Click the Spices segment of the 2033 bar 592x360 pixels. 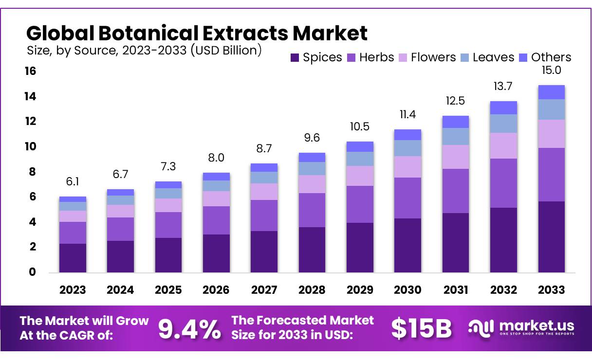pos(551,236)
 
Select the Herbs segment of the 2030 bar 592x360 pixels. pos(407,198)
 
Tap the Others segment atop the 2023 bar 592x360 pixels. pos(73,199)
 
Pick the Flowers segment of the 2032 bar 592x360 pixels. pos(503,145)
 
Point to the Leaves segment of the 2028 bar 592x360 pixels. pos(312,168)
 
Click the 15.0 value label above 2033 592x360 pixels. pos(551,71)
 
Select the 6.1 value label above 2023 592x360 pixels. pos(73,182)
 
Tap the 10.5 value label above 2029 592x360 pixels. pos(359,127)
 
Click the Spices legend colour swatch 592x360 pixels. pos(295,57)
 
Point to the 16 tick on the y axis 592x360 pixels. pos(30,72)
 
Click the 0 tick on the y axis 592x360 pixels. pos(33,272)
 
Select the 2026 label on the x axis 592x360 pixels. pos(216,290)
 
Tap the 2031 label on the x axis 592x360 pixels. pos(455,290)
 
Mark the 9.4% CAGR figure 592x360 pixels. pos(189,328)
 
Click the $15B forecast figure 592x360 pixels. pos(422,328)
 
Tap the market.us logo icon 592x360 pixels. pos(481,327)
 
